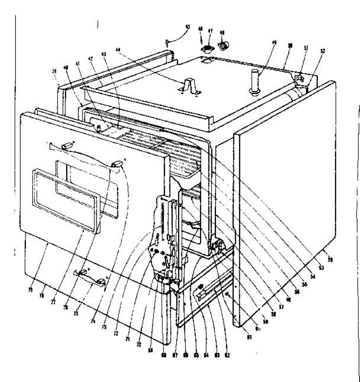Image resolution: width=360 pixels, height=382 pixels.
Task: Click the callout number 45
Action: (x=188, y=27)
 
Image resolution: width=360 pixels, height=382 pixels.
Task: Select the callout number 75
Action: (x=76, y=313)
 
